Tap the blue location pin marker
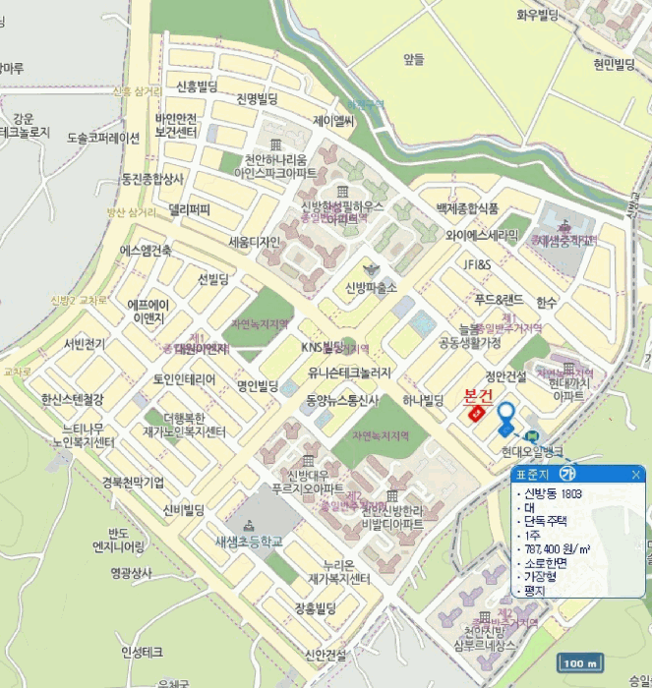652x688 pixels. [x=506, y=418]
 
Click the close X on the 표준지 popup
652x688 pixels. [x=635, y=475]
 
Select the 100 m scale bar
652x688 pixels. [x=580, y=663]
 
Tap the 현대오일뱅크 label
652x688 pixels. [x=532, y=451]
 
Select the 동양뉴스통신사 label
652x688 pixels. [x=342, y=399]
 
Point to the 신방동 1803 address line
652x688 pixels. [x=557, y=492]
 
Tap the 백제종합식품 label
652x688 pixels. [x=466, y=208]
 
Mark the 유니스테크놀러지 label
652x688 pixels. [x=349, y=373]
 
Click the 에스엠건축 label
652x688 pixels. [x=147, y=251]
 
